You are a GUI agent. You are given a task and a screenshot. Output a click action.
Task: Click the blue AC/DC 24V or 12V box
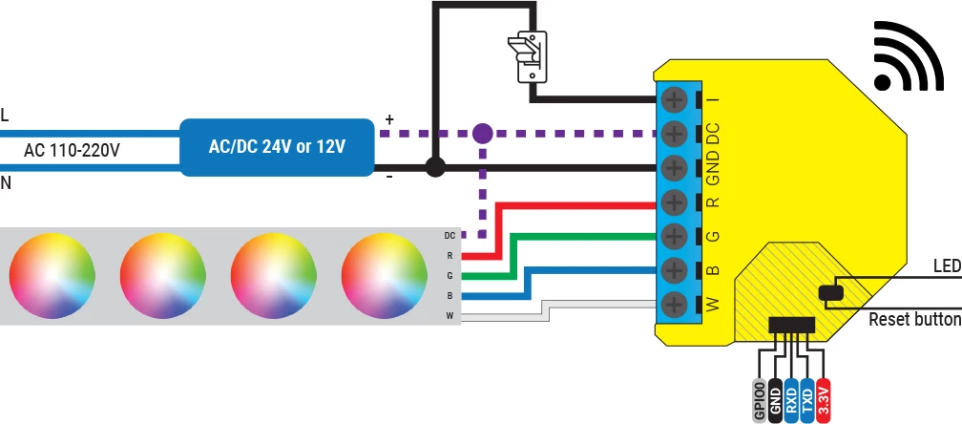click(277, 148)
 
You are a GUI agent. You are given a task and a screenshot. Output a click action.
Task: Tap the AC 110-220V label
click(72, 150)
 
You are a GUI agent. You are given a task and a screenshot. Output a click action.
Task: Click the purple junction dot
click(483, 134)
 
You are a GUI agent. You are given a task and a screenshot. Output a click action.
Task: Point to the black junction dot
click(435, 168)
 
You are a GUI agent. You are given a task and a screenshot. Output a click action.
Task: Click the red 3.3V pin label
click(825, 396)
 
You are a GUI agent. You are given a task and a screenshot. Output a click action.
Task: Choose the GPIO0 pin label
click(760, 399)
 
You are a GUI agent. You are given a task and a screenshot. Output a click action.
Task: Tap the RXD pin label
click(791, 396)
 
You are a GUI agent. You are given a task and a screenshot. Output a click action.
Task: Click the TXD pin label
click(807, 396)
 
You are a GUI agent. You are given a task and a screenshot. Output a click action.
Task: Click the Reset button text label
click(914, 320)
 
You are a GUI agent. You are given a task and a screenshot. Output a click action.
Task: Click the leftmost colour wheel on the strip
click(52, 275)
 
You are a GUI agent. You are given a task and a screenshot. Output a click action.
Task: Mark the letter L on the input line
click(6, 116)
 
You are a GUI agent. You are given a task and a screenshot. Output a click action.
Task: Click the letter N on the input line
click(7, 182)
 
